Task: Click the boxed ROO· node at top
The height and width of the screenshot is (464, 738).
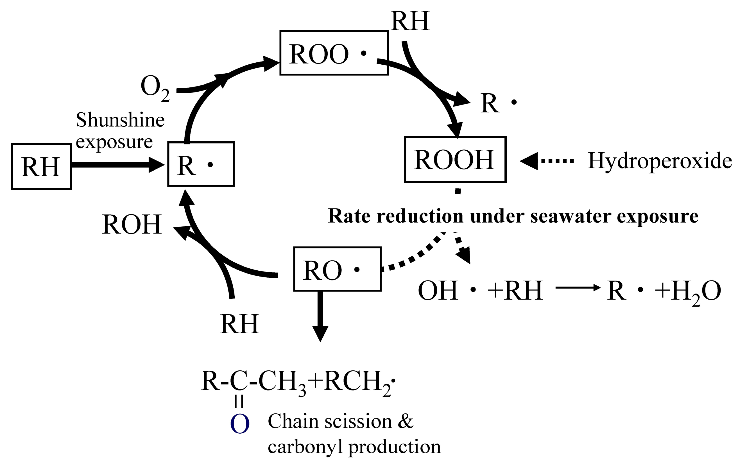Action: click(334, 53)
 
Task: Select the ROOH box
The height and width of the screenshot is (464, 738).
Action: click(455, 159)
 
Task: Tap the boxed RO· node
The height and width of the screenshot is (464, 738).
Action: click(337, 269)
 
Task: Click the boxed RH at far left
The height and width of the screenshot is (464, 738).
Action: click(41, 166)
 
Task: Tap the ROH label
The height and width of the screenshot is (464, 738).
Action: click(132, 225)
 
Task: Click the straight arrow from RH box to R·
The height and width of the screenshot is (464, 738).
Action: click(116, 165)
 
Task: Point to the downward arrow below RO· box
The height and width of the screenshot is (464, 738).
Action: click(320, 316)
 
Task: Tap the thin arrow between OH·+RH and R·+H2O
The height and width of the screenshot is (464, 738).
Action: click(578, 288)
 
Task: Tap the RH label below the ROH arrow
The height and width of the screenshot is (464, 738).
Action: click(239, 324)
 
